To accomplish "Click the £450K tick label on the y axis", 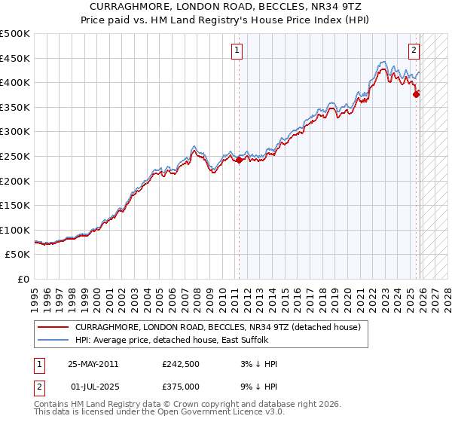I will (x=15, y=58).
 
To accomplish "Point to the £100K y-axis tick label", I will (x=15, y=230).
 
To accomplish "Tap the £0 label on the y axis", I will (x=24, y=279).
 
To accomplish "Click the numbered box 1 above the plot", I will (x=237, y=51).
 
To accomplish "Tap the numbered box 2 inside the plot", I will (x=414, y=51).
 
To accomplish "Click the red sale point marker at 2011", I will (x=240, y=160).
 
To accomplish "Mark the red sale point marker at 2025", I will (x=417, y=94).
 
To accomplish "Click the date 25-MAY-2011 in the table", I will (x=93, y=364).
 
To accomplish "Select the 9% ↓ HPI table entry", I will (x=257, y=387).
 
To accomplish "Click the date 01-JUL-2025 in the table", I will (x=96, y=387).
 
